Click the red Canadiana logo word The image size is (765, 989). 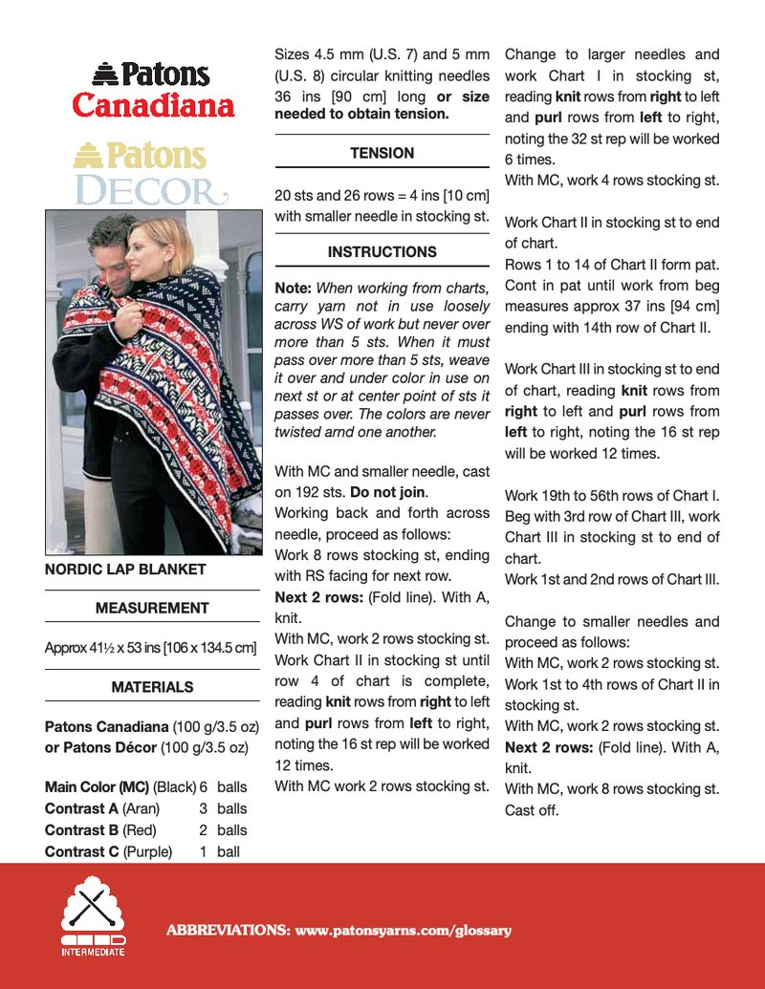pyautogui.click(x=153, y=104)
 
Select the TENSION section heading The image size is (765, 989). pyautogui.click(x=382, y=153)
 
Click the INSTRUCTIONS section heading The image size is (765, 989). pyautogui.click(x=382, y=252)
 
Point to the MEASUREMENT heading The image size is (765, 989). pyautogui.click(x=152, y=608)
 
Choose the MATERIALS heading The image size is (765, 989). pyautogui.click(x=152, y=687)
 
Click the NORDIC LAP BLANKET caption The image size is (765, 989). pyautogui.click(x=125, y=570)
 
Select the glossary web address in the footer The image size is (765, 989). pyautogui.click(x=404, y=930)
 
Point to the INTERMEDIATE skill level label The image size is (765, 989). pyautogui.click(x=93, y=952)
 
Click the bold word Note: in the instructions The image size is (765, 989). pyautogui.click(x=293, y=287)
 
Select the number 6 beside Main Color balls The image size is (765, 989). pyautogui.click(x=204, y=787)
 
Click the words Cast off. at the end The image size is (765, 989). pyautogui.click(x=532, y=810)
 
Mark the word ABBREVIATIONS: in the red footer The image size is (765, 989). pyautogui.click(x=229, y=930)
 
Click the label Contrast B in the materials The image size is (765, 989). pyautogui.click(x=81, y=829)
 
